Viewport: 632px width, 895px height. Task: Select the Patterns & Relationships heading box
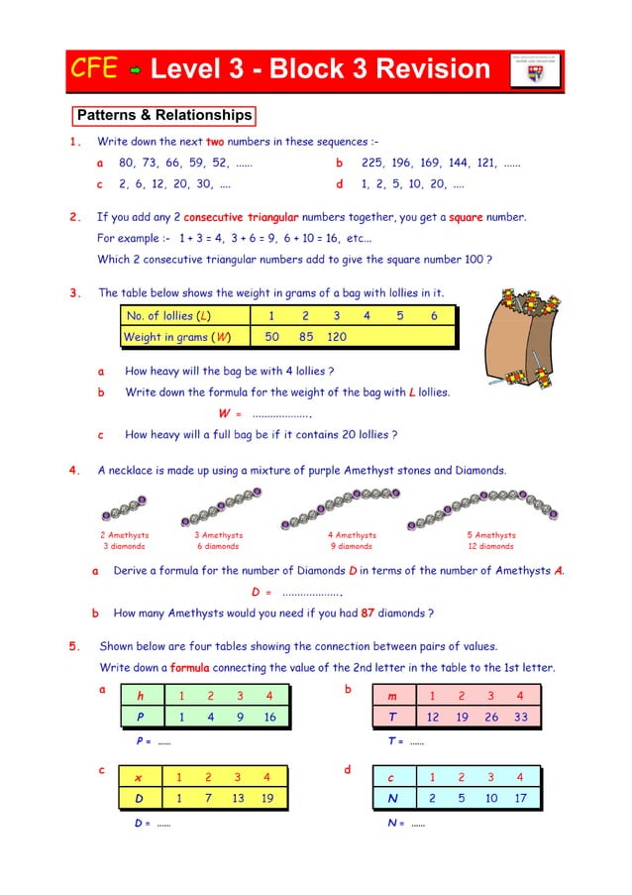pyautogui.click(x=164, y=116)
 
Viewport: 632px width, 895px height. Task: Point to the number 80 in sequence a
pyautogui.click(x=127, y=163)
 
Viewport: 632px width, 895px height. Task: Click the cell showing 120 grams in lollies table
pyautogui.click(x=336, y=337)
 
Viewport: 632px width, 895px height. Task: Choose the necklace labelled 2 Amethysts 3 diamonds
pyautogui.click(x=124, y=510)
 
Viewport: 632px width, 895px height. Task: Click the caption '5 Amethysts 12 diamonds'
pyautogui.click(x=491, y=540)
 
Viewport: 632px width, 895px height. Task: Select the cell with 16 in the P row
pyautogui.click(x=269, y=717)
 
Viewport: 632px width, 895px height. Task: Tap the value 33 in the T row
pyautogui.click(x=520, y=717)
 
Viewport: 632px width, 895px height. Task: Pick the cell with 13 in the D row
pyautogui.click(x=237, y=798)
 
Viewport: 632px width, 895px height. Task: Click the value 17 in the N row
pyautogui.click(x=520, y=798)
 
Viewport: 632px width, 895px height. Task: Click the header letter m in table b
pyautogui.click(x=393, y=697)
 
